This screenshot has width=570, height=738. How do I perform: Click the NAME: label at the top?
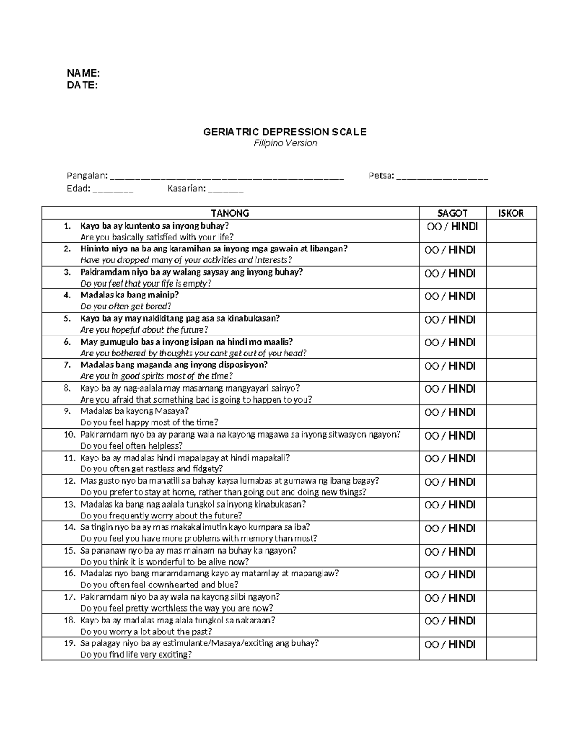pyautogui.click(x=83, y=73)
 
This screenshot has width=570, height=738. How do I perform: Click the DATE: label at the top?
pyautogui.click(x=82, y=85)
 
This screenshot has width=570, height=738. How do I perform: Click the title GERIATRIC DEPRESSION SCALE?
pyautogui.click(x=285, y=132)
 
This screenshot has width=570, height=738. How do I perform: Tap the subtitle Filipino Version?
pyautogui.click(x=285, y=144)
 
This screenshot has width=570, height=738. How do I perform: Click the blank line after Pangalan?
pyautogui.click(x=227, y=177)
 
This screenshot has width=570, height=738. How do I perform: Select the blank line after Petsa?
pyautogui.click(x=442, y=177)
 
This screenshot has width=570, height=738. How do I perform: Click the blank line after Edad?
pyautogui.click(x=113, y=190)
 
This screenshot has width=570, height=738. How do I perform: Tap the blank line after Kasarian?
pyautogui.click(x=226, y=190)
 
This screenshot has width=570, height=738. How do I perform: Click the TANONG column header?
pyautogui.click(x=230, y=213)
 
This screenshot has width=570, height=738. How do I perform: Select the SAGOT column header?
pyautogui.click(x=452, y=213)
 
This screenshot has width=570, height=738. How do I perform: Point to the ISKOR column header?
pyautogui.click(x=511, y=213)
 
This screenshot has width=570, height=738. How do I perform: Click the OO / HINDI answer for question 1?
pyautogui.click(x=452, y=227)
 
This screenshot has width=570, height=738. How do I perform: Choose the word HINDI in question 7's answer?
pyautogui.click(x=462, y=366)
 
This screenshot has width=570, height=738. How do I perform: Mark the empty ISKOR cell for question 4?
pyautogui.click(x=511, y=301)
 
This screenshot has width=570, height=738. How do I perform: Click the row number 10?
pyautogui.click(x=69, y=434)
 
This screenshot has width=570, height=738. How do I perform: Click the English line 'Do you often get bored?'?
pyautogui.click(x=126, y=307)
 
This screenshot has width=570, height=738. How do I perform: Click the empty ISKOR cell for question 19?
pyautogui.click(x=511, y=649)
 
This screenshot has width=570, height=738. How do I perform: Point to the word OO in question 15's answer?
pyautogui.click(x=432, y=552)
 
